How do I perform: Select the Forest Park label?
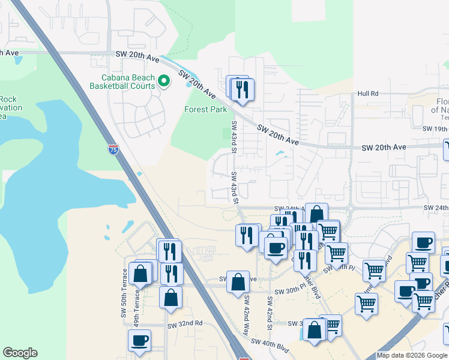tap(206, 109)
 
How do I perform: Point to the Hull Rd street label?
tap(368, 94)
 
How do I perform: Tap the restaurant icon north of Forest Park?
tap(243, 89)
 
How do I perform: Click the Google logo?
tap(20, 353)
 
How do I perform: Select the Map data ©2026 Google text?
tap(412, 355)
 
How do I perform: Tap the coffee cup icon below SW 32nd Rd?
tap(139, 340)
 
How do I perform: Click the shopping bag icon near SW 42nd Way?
tap(238, 281)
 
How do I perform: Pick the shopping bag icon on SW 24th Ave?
tap(316, 214)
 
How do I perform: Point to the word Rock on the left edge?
tap(8, 99)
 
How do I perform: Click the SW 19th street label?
tap(435, 129)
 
